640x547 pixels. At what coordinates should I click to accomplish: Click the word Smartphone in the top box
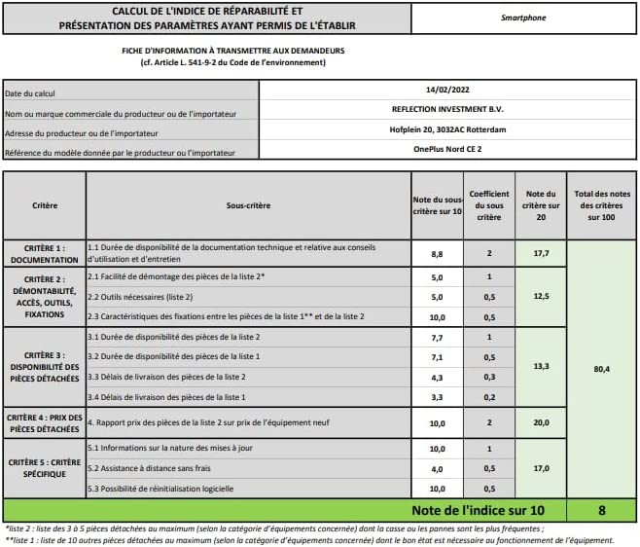523,18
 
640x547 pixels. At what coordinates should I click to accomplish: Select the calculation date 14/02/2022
447,89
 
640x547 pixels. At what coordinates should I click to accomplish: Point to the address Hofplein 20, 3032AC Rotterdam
447,129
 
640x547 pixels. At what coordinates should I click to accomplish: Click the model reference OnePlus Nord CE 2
447,149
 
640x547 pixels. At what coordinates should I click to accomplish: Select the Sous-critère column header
248,205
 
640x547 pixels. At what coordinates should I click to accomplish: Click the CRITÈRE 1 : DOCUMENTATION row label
44,254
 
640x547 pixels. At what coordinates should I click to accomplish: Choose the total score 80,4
601,369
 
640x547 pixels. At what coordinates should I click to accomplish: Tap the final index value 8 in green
601,509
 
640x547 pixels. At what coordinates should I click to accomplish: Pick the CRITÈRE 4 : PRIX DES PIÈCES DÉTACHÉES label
44,422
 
